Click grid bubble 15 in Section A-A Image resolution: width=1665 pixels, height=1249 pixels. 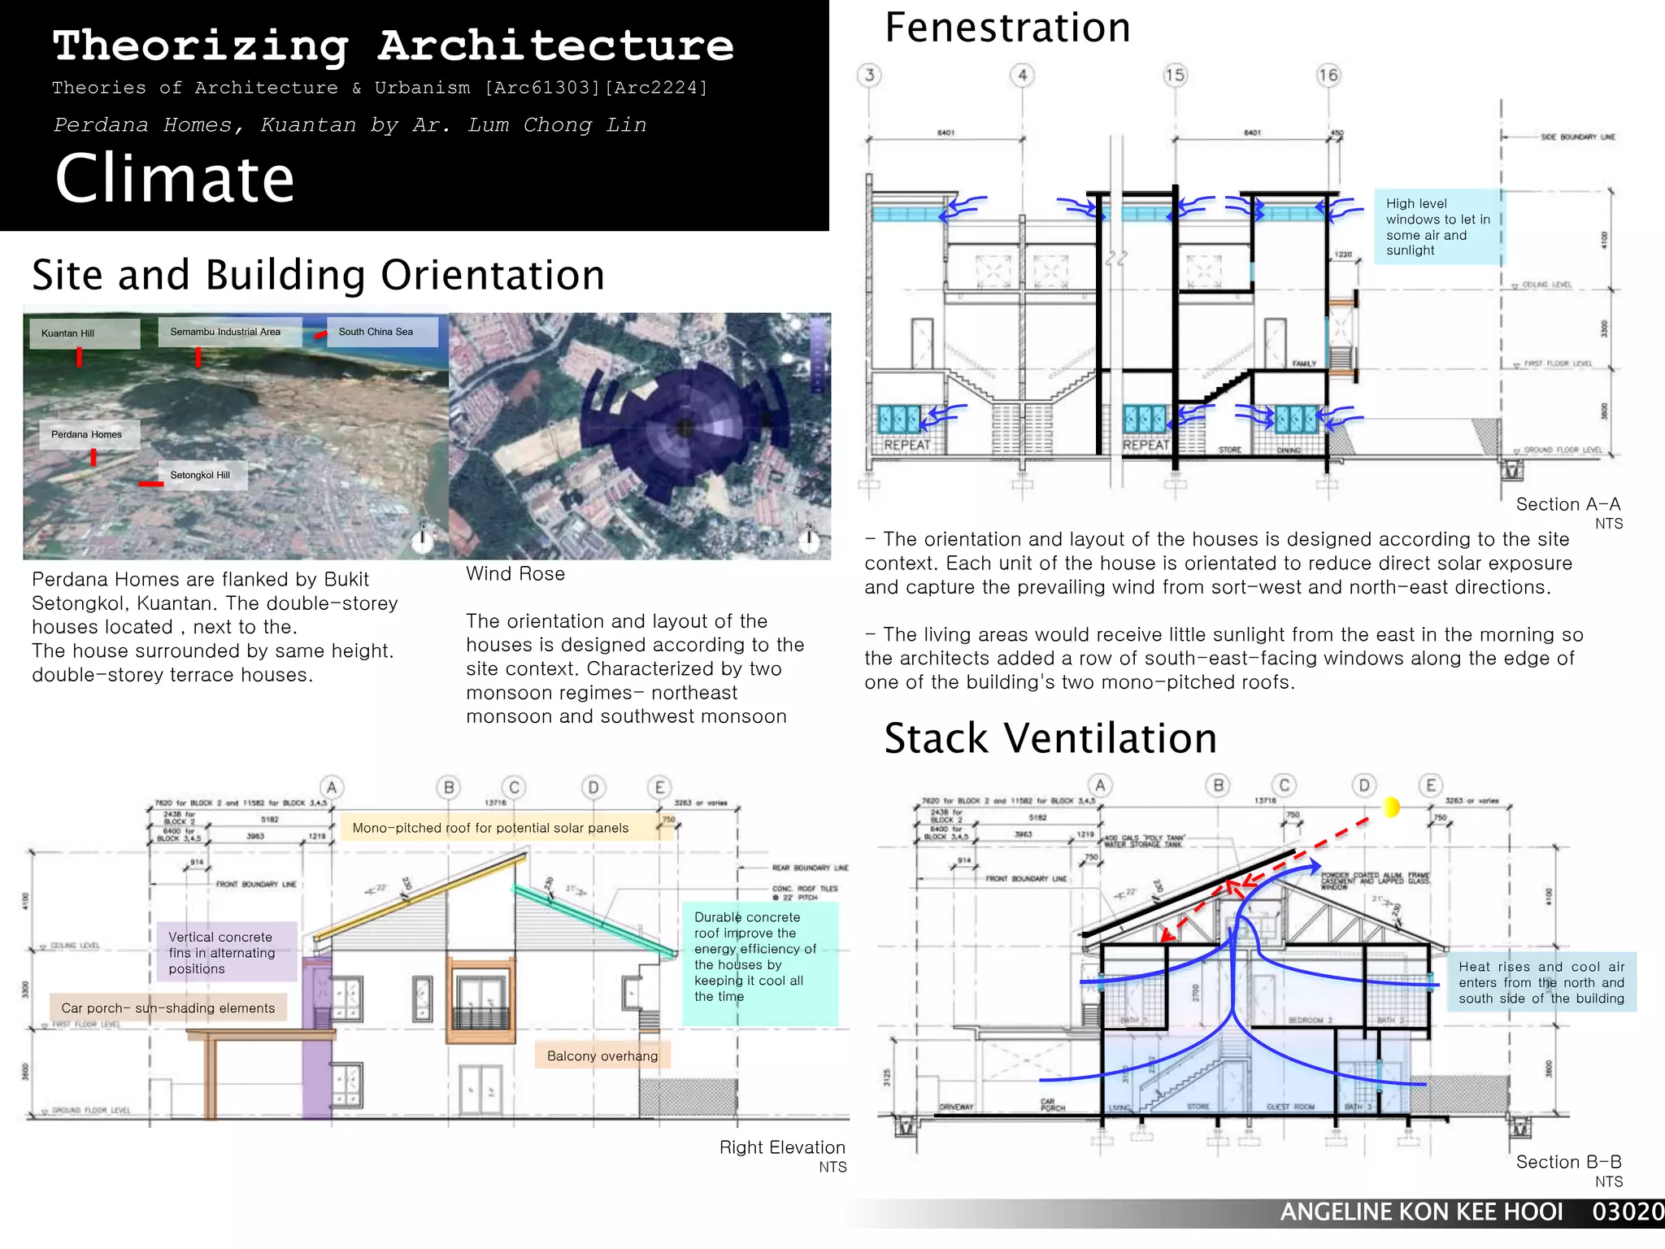click(x=1175, y=76)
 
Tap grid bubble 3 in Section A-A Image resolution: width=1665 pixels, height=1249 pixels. click(x=869, y=76)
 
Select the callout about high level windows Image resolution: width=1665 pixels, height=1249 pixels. click(x=1437, y=227)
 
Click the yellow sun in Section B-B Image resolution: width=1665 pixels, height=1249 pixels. click(x=1391, y=807)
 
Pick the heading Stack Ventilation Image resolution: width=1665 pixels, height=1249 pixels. click(x=1050, y=738)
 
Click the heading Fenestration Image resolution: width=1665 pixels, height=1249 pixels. click(x=1007, y=28)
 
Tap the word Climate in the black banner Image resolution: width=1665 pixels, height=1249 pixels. click(x=175, y=179)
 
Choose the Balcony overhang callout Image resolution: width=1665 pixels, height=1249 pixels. click(x=602, y=1055)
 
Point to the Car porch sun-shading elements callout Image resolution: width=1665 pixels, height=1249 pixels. click(x=168, y=1008)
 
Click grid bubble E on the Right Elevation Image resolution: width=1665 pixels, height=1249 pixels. click(x=659, y=787)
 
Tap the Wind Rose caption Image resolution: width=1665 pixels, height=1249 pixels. click(x=515, y=574)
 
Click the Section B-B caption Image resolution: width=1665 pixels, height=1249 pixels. click(x=1568, y=1162)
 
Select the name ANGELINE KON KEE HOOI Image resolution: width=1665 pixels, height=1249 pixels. click(x=1421, y=1212)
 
